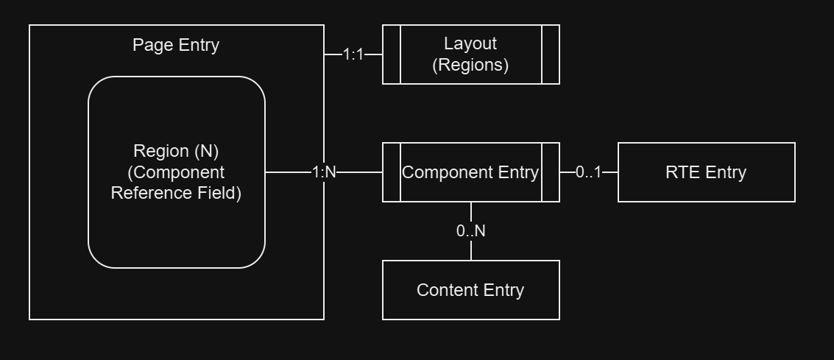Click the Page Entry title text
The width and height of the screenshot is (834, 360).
click(x=176, y=45)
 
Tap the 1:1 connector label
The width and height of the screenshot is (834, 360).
click(x=353, y=54)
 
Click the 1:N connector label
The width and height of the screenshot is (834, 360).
click(x=324, y=172)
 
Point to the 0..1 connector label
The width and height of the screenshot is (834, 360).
click(x=588, y=172)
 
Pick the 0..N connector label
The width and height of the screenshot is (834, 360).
click(x=471, y=231)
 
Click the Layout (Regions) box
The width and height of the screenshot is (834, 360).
click(x=471, y=54)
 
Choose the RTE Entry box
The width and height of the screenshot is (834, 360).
click(x=706, y=172)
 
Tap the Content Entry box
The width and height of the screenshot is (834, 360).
click(x=471, y=290)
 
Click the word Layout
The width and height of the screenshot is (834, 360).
click(x=470, y=44)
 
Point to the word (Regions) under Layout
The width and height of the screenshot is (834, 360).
click(x=470, y=65)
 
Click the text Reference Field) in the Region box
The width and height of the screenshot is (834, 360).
click(x=176, y=194)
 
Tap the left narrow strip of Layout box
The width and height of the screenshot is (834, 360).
click(x=392, y=54)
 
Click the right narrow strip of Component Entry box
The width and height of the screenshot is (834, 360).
click(x=551, y=172)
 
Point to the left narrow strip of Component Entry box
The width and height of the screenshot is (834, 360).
click(x=392, y=172)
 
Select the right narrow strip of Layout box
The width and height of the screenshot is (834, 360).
click(x=551, y=54)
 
